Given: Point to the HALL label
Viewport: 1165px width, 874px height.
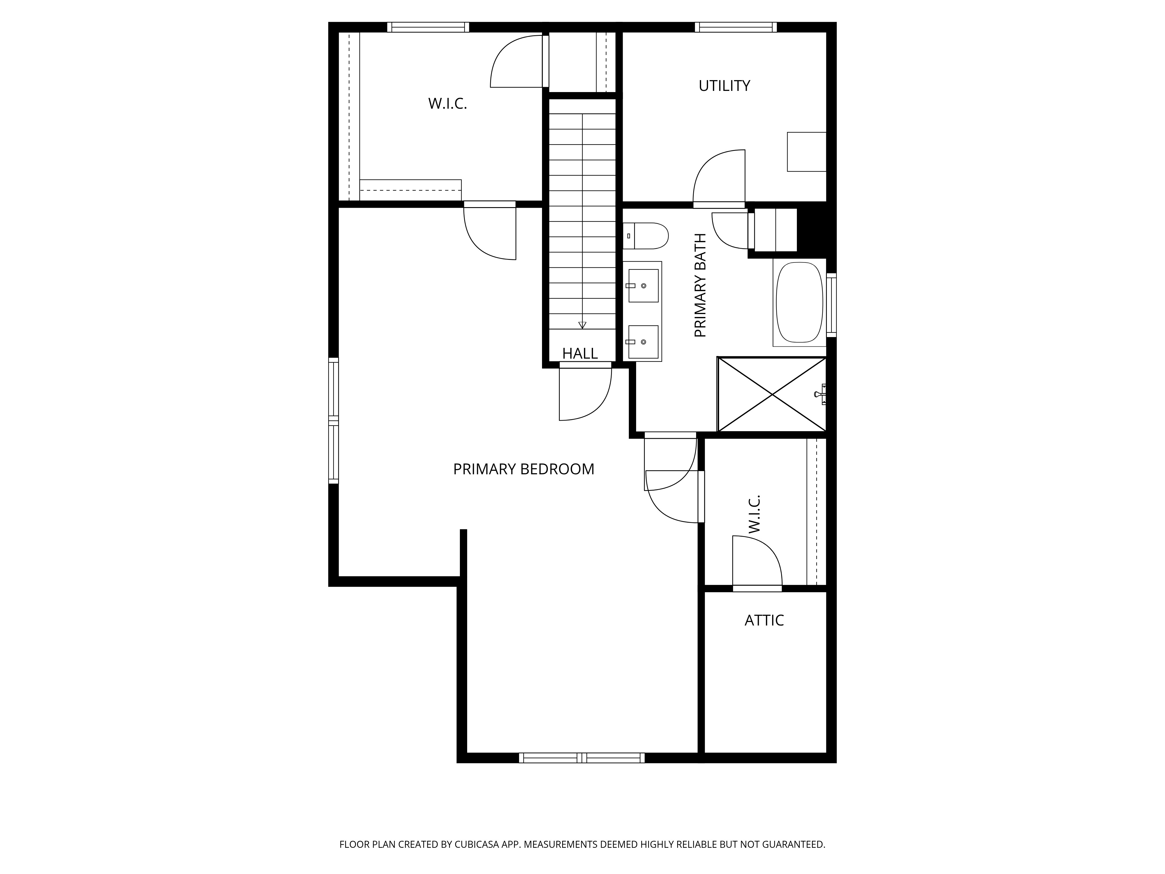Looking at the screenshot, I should [x=580, y=353].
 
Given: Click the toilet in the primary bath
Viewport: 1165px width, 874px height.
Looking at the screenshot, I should [x=648, y=235].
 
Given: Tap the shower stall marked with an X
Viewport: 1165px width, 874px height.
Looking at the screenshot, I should [x=772, y=394].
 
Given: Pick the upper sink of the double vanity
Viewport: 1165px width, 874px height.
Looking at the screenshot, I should [x=643, y=286].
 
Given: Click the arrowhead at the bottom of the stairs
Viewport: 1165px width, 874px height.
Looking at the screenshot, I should [x=582, y=325].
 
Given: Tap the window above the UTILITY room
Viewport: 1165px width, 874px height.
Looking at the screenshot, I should [x=736, y=27].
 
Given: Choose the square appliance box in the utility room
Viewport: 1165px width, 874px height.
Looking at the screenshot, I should [x=806, y=152].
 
